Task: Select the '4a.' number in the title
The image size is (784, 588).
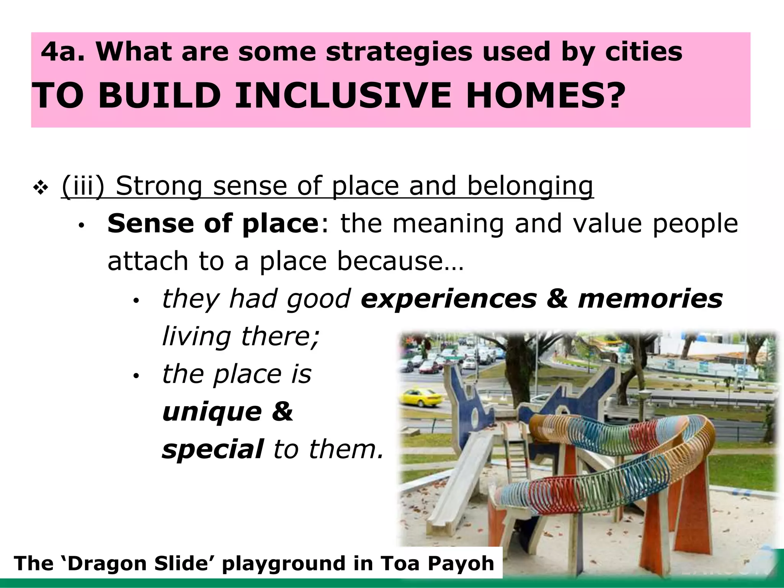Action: pyautogui.click(x=63, y=52)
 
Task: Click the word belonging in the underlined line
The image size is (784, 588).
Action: pyautogui.click(x=530, y=186)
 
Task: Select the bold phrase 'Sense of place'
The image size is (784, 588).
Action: pyautogui.click(x=211, y=224)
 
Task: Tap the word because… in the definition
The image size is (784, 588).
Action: pyautogui.click(x=400, y=261)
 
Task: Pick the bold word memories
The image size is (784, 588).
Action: pyautogui.click(x=650, y=299)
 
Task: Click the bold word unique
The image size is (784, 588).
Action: pyautogui.click(x=212, y=412)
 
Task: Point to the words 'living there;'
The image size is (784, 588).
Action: pyautogui.click(x=240, y=336)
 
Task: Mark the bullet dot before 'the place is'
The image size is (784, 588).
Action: pyautogui.click(x=135, y=376)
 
